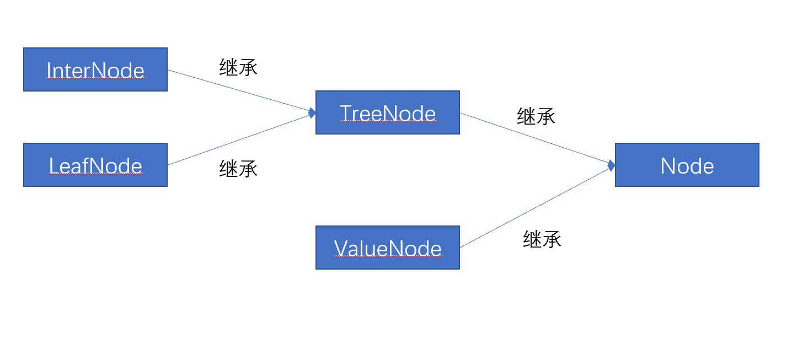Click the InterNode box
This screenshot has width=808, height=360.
[95, 69]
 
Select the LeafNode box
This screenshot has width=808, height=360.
[95, 165]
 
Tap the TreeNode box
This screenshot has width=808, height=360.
[387, 112]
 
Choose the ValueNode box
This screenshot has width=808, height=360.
[387, 248]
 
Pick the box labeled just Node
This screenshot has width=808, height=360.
[687, 165]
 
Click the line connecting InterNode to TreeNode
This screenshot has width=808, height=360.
[240, 91]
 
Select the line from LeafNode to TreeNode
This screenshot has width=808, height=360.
[240, 139]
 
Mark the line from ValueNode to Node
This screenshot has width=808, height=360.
[535, 207]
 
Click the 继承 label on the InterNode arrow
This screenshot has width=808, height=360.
[238, 67]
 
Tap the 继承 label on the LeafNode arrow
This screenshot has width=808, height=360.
[238, 168]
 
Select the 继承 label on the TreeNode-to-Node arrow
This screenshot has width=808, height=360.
[536, 116]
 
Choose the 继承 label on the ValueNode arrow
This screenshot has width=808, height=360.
[542, 239]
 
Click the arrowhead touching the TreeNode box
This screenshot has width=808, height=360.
[312, 113]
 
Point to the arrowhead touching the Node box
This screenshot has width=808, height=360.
[611, 165]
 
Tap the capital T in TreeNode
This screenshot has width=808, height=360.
[345, 113]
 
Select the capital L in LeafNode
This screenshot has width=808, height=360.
[53, 166]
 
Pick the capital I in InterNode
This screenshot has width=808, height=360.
[49, 71]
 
